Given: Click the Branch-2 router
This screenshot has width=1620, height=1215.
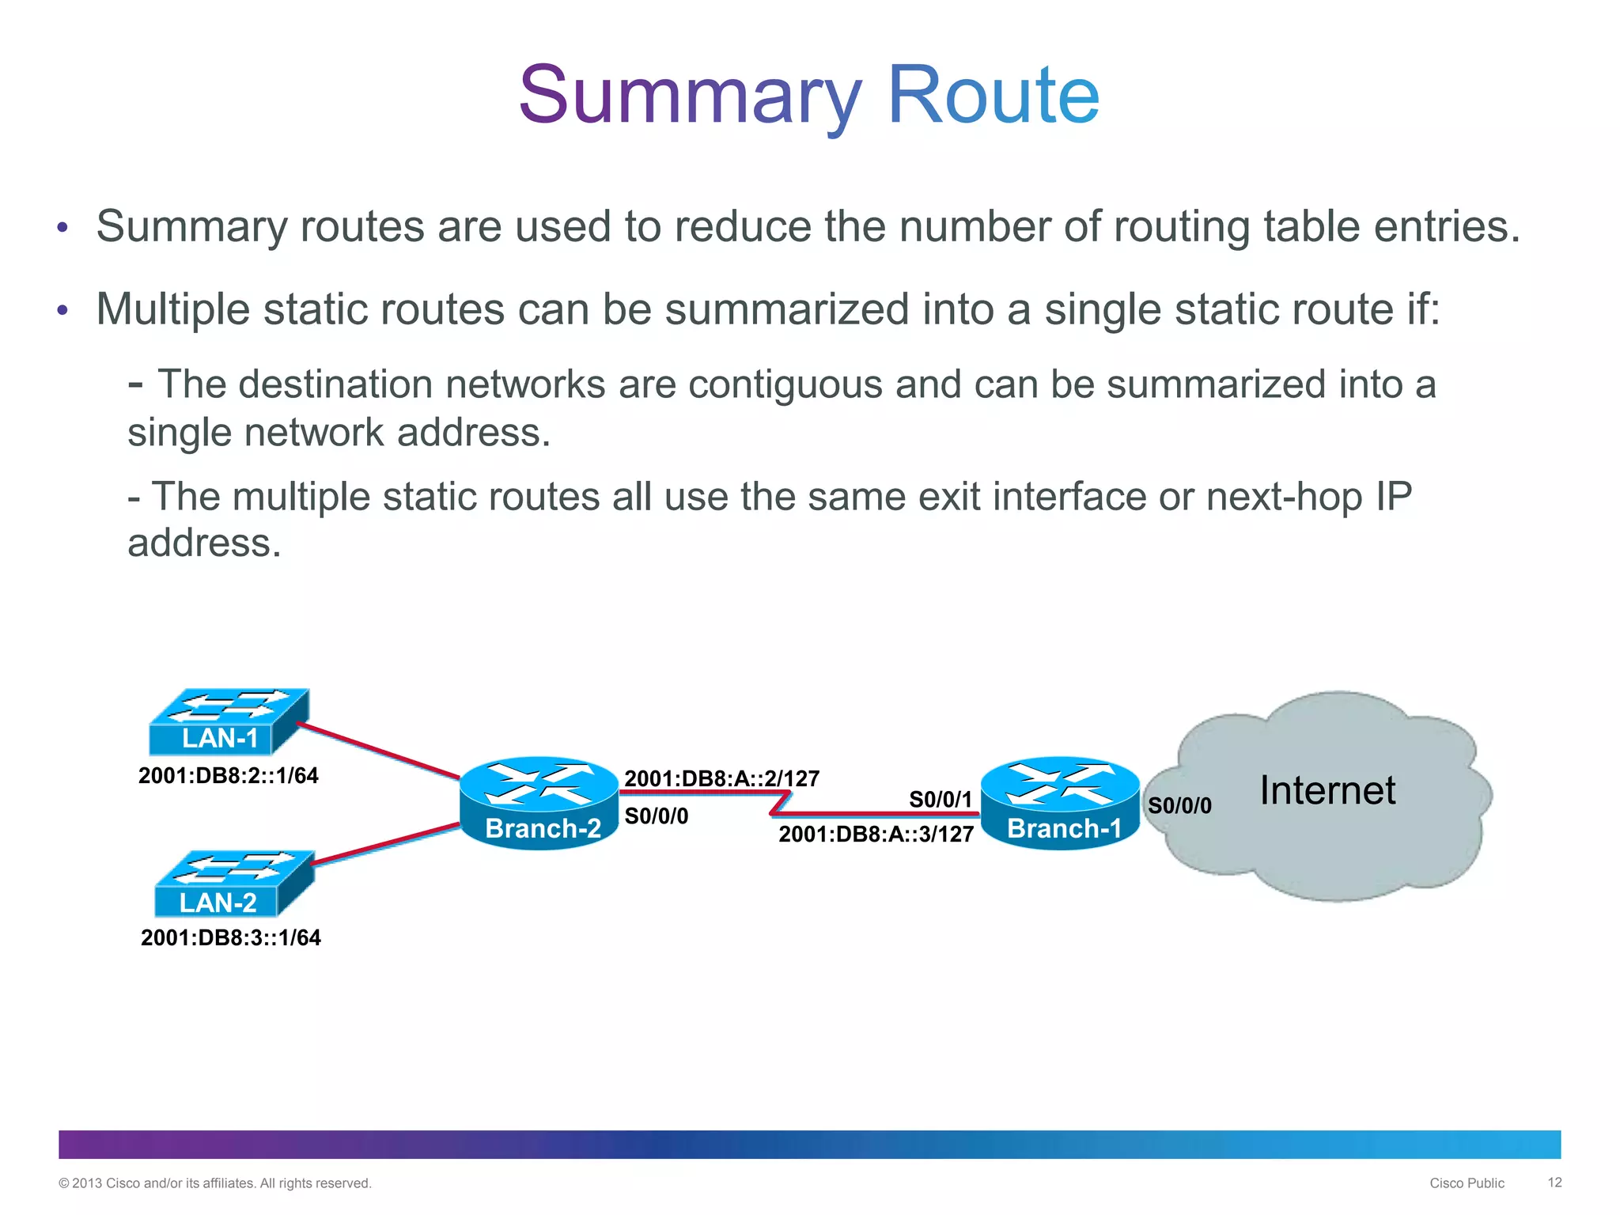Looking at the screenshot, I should coord(539,803).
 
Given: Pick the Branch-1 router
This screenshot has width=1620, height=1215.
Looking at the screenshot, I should coord(1060,803).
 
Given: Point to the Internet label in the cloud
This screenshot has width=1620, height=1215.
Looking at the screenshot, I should coord(1327,790).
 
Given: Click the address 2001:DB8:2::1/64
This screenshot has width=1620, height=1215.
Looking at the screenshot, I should coord(229,775).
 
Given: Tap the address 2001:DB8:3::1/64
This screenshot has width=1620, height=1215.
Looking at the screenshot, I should coord(231,938).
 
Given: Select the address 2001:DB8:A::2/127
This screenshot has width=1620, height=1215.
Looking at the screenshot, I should coord(721,778).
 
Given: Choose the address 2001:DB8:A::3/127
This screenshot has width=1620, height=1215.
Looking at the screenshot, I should coord(876,835).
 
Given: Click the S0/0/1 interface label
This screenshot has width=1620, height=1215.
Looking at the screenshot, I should coord(940,800).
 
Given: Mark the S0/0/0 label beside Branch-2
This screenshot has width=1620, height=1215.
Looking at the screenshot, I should coord(656,816).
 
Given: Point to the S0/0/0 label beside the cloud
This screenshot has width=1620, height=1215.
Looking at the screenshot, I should coord(1179,806).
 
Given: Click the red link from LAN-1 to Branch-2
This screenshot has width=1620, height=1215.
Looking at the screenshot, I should coord(378,751).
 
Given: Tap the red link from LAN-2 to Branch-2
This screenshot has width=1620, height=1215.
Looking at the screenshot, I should coord(386,844).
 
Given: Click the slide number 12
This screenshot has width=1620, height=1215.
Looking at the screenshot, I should coord(1554,1183).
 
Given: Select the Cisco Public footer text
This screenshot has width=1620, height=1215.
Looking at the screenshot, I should coord(1467,1183).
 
